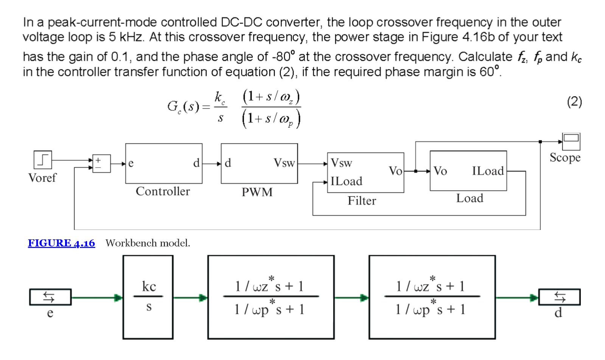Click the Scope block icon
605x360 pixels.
[571, 141]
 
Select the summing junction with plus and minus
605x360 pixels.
[101, 163]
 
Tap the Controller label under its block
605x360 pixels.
[163, 191]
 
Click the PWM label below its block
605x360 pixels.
[257, 192]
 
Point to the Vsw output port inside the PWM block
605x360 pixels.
[284, 163]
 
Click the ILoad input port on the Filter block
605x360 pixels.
[346, 182]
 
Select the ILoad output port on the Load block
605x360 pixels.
[487, 171]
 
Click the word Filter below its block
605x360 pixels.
[362, 200]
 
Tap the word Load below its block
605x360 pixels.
[469, 198]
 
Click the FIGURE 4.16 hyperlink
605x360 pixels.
[61, 243]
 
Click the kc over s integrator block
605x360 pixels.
[148, 297]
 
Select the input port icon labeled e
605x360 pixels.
[50, 297]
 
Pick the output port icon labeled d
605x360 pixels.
[559, 297]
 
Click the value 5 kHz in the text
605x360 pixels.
[126, 37]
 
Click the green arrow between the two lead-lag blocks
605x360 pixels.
[351, 298]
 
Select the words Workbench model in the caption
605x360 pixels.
[148, 243]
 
